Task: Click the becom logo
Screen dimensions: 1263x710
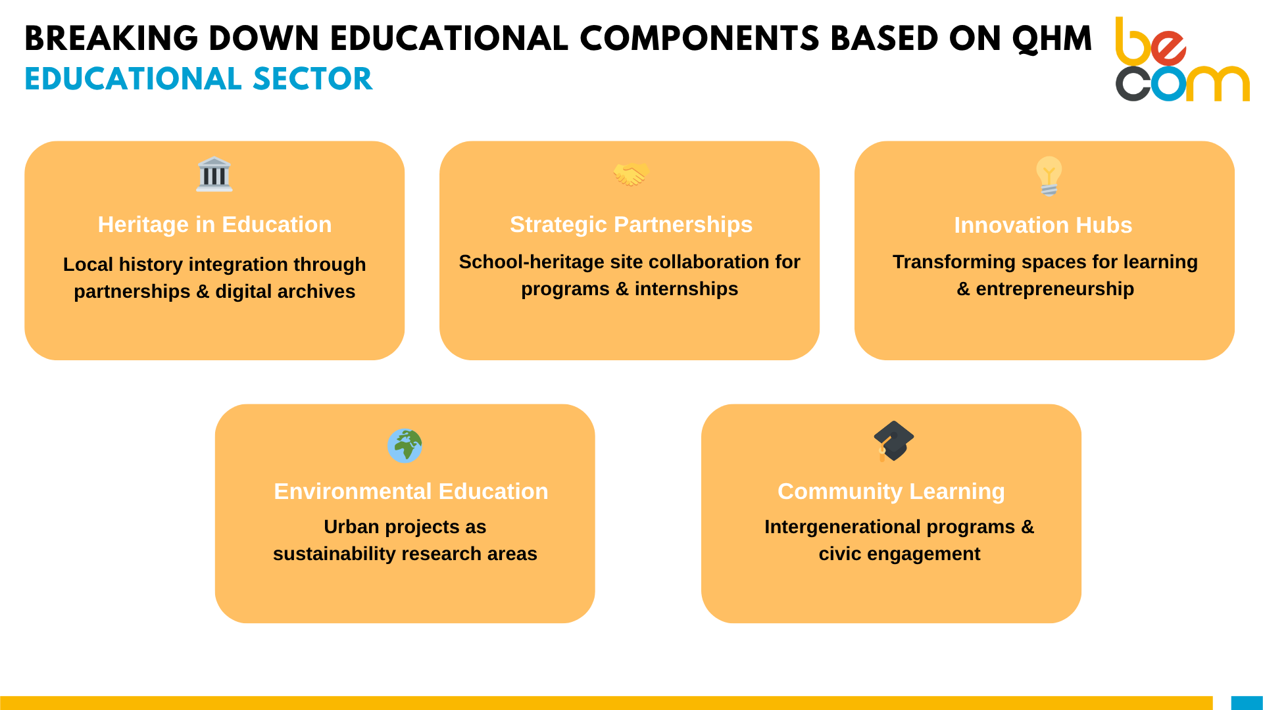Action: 1182,59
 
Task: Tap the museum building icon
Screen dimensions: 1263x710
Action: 214,174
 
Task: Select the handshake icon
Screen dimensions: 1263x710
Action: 631,174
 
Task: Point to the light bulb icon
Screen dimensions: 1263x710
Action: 1049,176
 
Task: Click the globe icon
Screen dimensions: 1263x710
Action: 405,446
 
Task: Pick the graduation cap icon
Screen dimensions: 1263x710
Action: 893,441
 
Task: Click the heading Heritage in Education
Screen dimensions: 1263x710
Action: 214,225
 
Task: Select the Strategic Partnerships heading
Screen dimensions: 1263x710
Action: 631,225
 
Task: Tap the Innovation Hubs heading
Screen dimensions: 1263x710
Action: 1043,225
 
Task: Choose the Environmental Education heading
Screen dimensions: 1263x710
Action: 411,492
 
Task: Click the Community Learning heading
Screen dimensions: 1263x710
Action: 891,492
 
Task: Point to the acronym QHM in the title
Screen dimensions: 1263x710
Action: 1052,39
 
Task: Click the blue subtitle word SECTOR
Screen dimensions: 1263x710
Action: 312,79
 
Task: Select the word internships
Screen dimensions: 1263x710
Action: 686,289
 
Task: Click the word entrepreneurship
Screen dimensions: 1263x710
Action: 1055,289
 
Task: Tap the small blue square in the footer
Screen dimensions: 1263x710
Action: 1247,703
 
